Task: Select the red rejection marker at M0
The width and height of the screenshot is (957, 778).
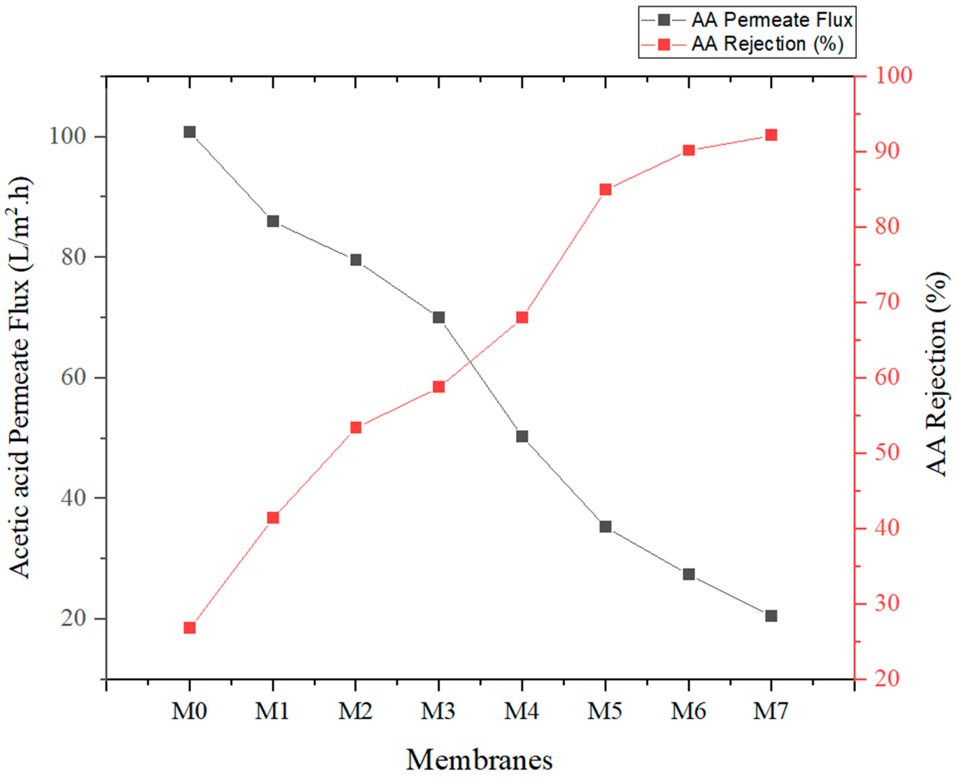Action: click(x=190, y=628)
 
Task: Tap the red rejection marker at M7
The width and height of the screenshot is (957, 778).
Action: click(x=771, y=135)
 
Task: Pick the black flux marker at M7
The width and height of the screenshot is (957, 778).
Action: click(x=771, y=616)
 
